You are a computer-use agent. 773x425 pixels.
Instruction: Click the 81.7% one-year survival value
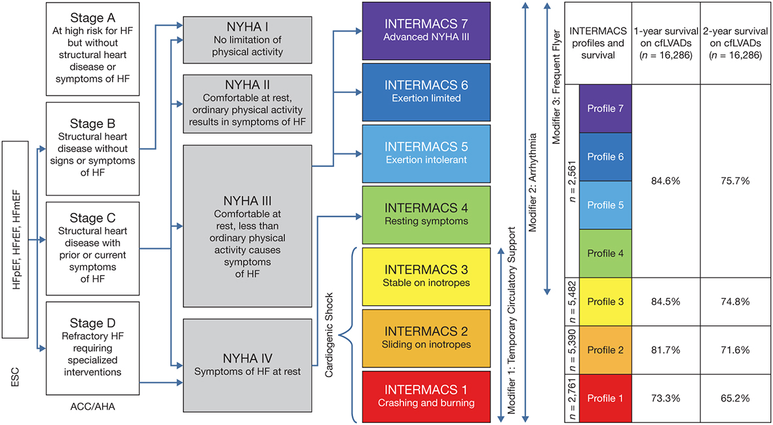pos(666,349)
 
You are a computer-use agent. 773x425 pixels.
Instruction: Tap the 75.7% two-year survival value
pos(734,181)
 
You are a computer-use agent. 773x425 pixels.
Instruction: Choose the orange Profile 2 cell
pos(605,349)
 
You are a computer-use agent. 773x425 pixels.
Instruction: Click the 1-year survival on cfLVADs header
pos(666,42)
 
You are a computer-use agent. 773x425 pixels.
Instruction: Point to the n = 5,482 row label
pos(572,301)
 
